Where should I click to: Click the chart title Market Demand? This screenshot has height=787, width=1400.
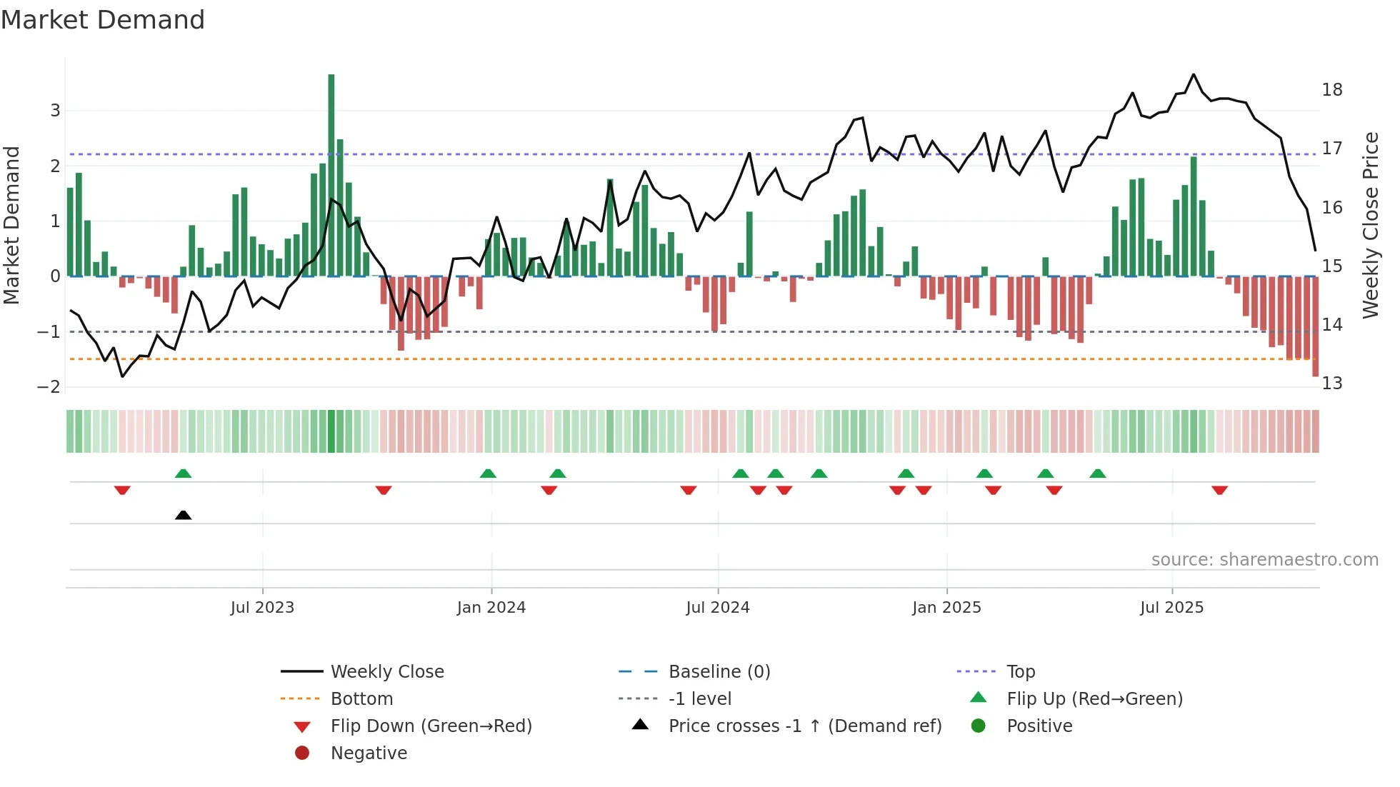103,20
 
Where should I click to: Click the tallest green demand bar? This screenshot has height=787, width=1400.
331,175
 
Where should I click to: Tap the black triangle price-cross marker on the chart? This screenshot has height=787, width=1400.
183,515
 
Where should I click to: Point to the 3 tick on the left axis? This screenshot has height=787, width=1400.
55,111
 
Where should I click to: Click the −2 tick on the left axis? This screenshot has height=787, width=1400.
49,387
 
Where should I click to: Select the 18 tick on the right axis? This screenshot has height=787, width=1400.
1332,90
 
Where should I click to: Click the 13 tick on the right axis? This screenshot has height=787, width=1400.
1332,384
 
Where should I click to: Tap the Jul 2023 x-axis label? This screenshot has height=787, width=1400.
262,608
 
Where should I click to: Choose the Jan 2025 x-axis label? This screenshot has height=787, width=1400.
946,608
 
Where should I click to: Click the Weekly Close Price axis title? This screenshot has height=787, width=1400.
1370,225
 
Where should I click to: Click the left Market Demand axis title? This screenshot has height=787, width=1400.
11,225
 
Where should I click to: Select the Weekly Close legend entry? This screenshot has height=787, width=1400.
386,672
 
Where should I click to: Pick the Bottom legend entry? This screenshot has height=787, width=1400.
361,699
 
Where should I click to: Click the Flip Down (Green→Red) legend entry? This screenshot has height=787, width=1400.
431,726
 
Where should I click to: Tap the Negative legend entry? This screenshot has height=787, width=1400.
369,753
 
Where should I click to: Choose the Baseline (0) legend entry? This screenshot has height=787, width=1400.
719,672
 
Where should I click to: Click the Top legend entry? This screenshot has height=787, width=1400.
1021,672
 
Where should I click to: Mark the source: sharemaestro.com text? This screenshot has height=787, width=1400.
1264,560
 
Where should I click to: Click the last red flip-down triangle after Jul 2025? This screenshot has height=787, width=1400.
1219,490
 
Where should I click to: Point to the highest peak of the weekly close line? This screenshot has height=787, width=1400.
1194,75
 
